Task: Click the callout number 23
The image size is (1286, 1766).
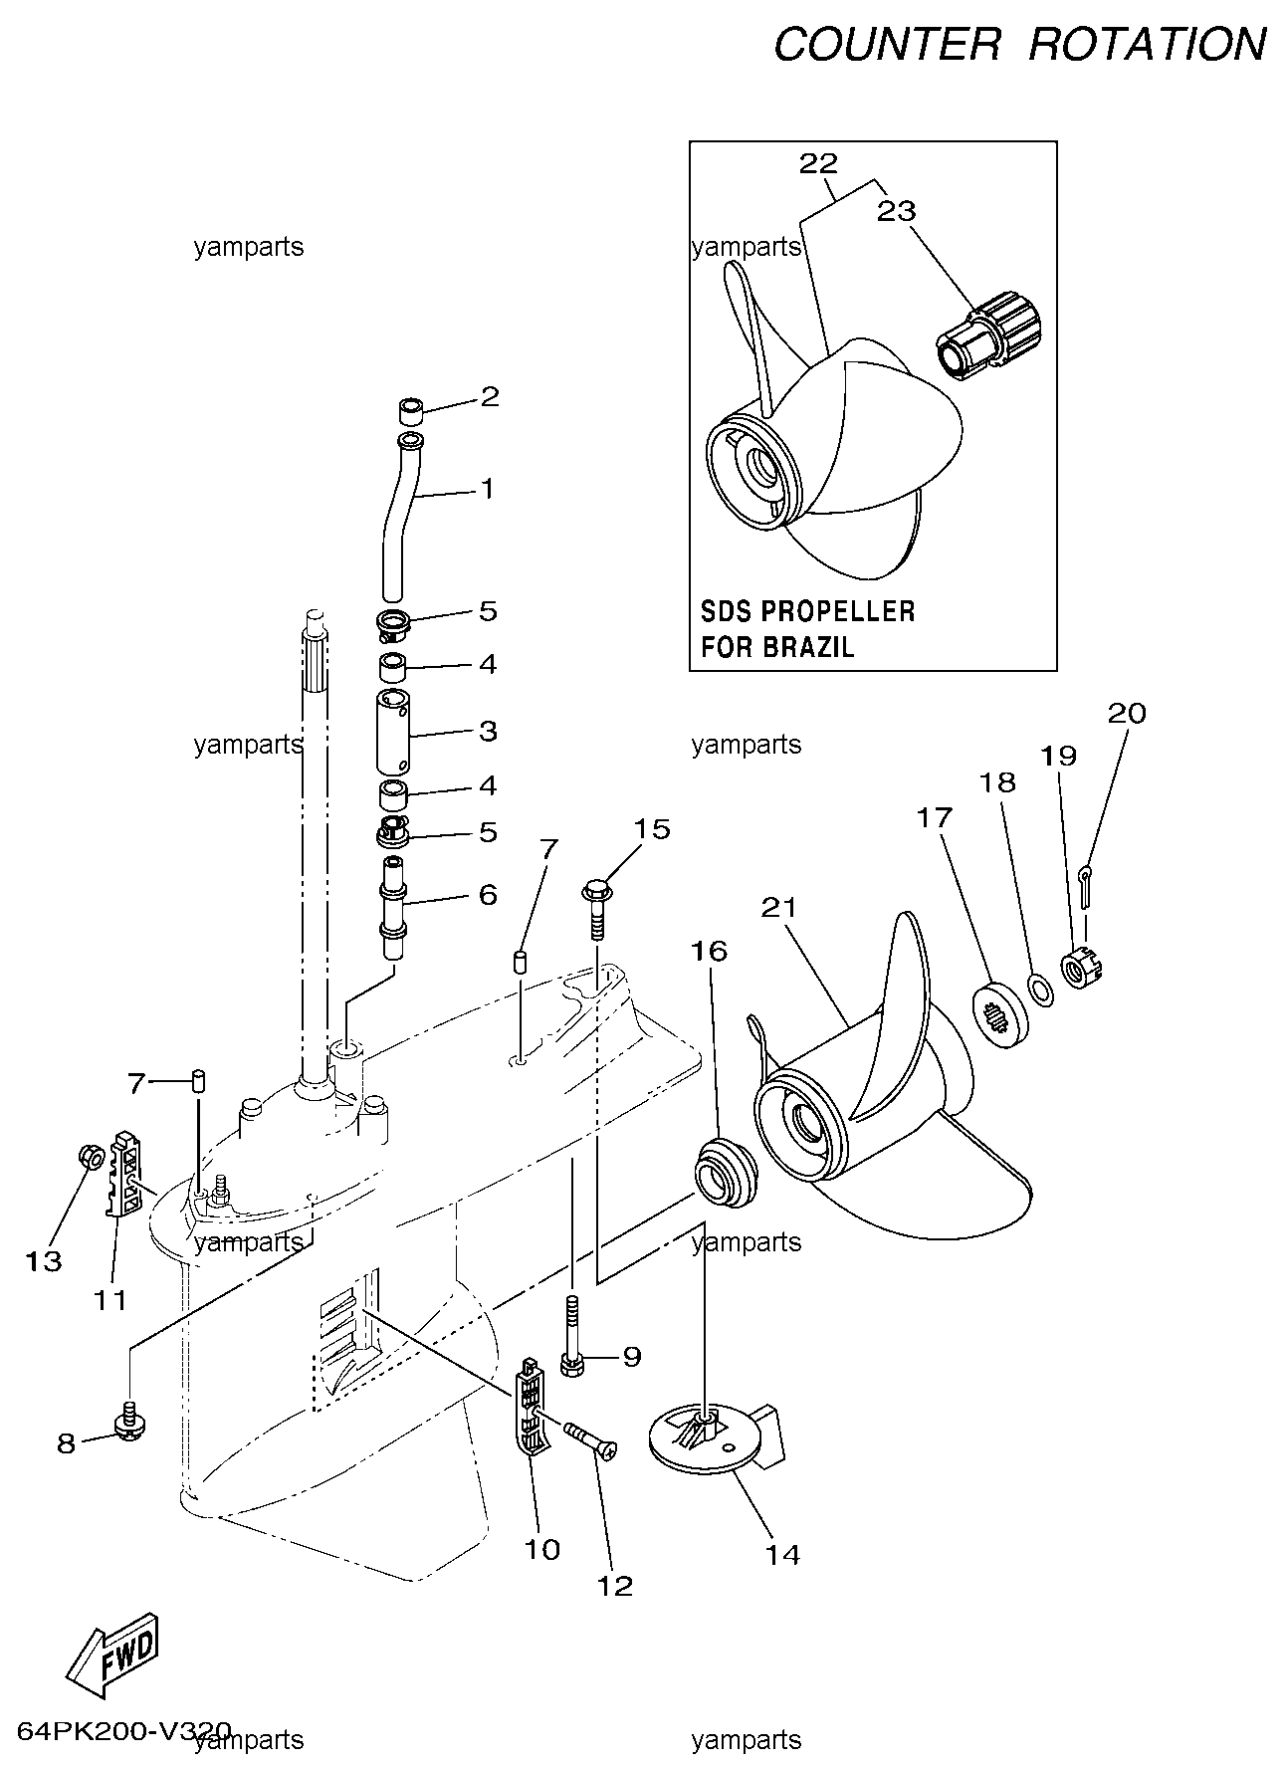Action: click(x=896, y=211)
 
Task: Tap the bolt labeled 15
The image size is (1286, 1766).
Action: click(x=596, y=902)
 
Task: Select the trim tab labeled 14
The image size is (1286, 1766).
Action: click(x=717, y=1433)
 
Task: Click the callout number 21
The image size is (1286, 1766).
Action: click(x=781, y=907)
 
